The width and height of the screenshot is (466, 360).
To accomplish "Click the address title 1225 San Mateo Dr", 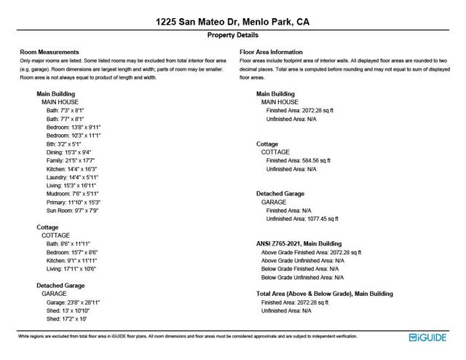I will pos(232,22).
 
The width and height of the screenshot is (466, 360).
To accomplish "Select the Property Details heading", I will pos(232,35).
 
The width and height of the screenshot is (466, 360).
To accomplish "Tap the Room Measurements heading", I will pos(50,52).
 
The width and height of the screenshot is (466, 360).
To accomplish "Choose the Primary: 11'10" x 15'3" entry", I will pos(74,202).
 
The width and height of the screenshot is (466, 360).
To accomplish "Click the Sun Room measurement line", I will pos(72,211).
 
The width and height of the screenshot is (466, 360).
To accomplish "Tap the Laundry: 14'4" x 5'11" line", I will pos(72,177).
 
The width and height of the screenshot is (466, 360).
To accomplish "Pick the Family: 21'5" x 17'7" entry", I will pos(71,160).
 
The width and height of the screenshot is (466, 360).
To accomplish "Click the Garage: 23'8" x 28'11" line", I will pos(73,302).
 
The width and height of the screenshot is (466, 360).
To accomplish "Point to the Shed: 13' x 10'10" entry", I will pos(69,310).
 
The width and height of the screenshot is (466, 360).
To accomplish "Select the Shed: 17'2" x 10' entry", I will pos(67,318).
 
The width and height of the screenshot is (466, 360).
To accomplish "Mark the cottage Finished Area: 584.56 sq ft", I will pos(299,160).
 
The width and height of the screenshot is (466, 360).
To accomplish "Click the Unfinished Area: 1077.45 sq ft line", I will pos(302,219).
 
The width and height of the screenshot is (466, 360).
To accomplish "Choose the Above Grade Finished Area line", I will pos(311,252).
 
